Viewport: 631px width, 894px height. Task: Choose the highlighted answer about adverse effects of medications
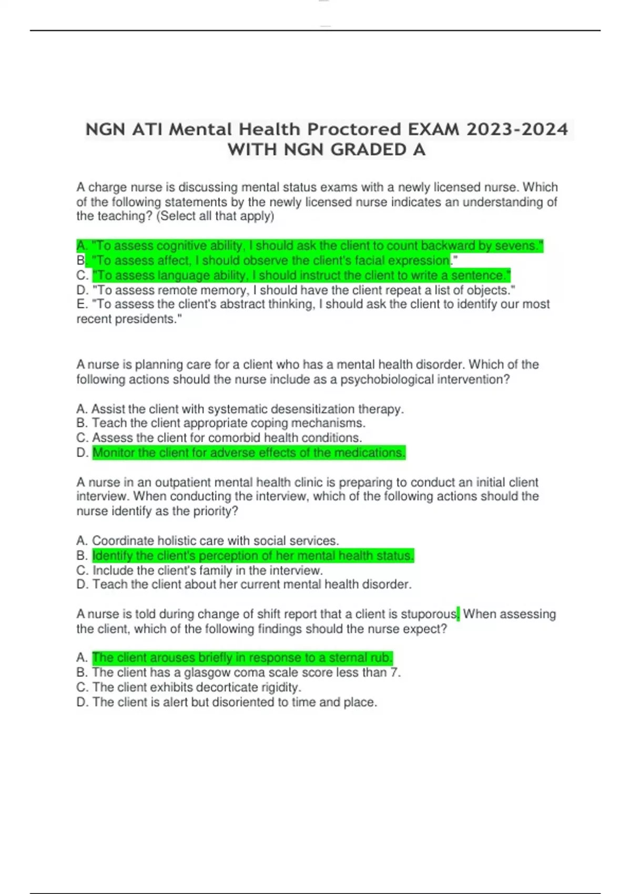[249, 453]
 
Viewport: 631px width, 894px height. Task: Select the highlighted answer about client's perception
[253, 556]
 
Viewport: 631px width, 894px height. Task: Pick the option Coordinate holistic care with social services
[215, 541]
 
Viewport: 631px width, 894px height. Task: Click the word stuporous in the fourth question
[429, 614]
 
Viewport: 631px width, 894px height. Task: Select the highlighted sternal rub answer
[242, 658]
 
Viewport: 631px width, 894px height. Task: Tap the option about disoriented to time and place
[235, 703]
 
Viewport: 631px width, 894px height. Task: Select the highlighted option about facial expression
[271, 261]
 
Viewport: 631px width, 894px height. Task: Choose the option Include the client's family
[207, 571]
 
